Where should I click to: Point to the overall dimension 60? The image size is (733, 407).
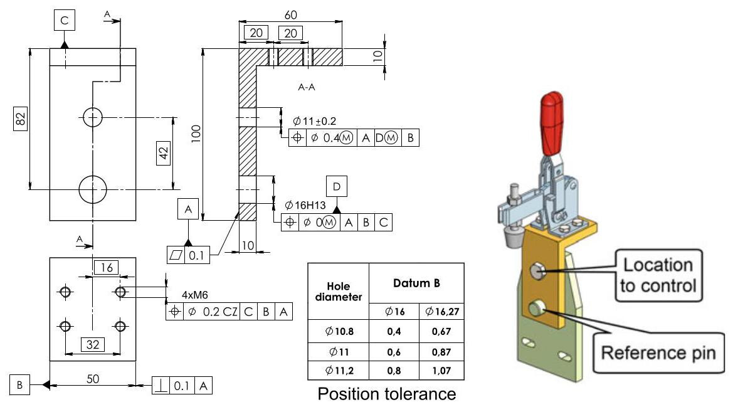coord(290,13)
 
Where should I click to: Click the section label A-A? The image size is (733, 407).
coord(306,88)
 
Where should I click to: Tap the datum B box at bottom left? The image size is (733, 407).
coord(19,385)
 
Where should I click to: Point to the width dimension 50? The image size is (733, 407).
coord(93,379)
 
